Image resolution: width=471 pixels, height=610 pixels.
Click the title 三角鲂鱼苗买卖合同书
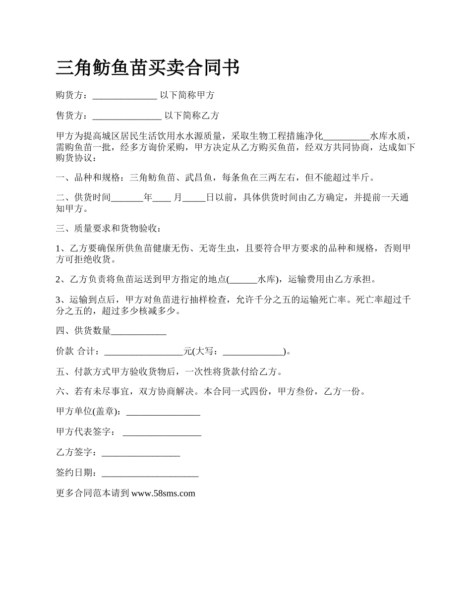coord(148,67)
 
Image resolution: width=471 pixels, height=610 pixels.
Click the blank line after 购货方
coord(124,95)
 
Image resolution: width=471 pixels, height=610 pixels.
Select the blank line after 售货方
coord(127,116)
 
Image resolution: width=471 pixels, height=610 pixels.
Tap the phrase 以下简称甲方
coord(187,95)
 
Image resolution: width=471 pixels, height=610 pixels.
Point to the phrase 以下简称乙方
coord(191,116)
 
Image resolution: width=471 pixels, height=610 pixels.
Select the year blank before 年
coord(127,198)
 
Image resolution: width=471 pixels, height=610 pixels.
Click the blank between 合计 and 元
coord(144,352)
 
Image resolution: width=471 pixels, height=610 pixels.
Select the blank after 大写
coord(253,352)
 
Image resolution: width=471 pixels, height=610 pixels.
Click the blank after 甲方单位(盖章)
coord(164,412)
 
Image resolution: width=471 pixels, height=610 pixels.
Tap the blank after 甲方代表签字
coord(162,432)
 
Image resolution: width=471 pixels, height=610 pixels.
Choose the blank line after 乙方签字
coord(140,453)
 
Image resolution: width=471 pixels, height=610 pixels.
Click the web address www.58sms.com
coord(163,493)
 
